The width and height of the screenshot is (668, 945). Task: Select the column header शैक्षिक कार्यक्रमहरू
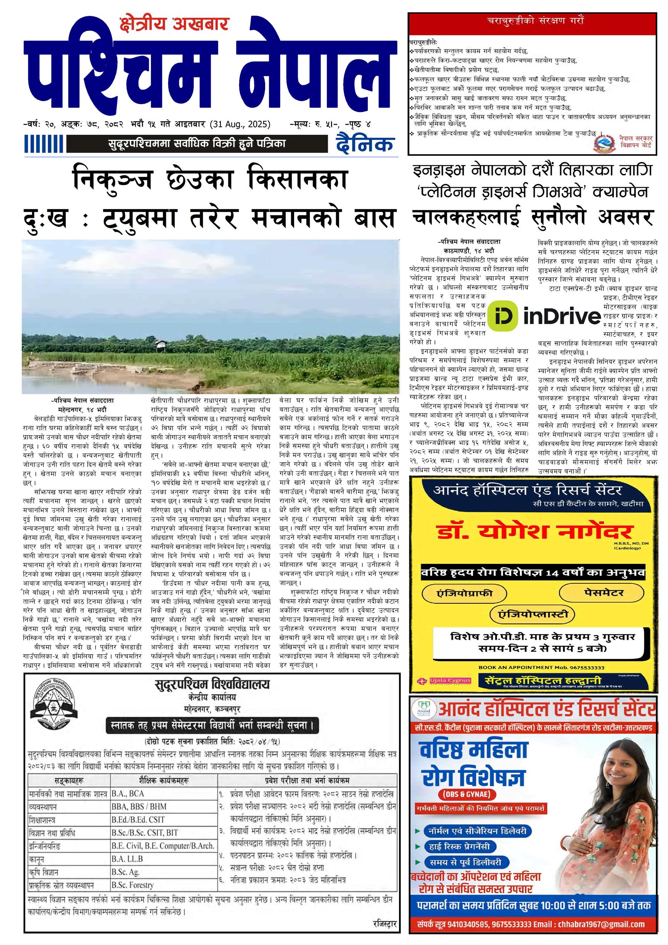[164, 781]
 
